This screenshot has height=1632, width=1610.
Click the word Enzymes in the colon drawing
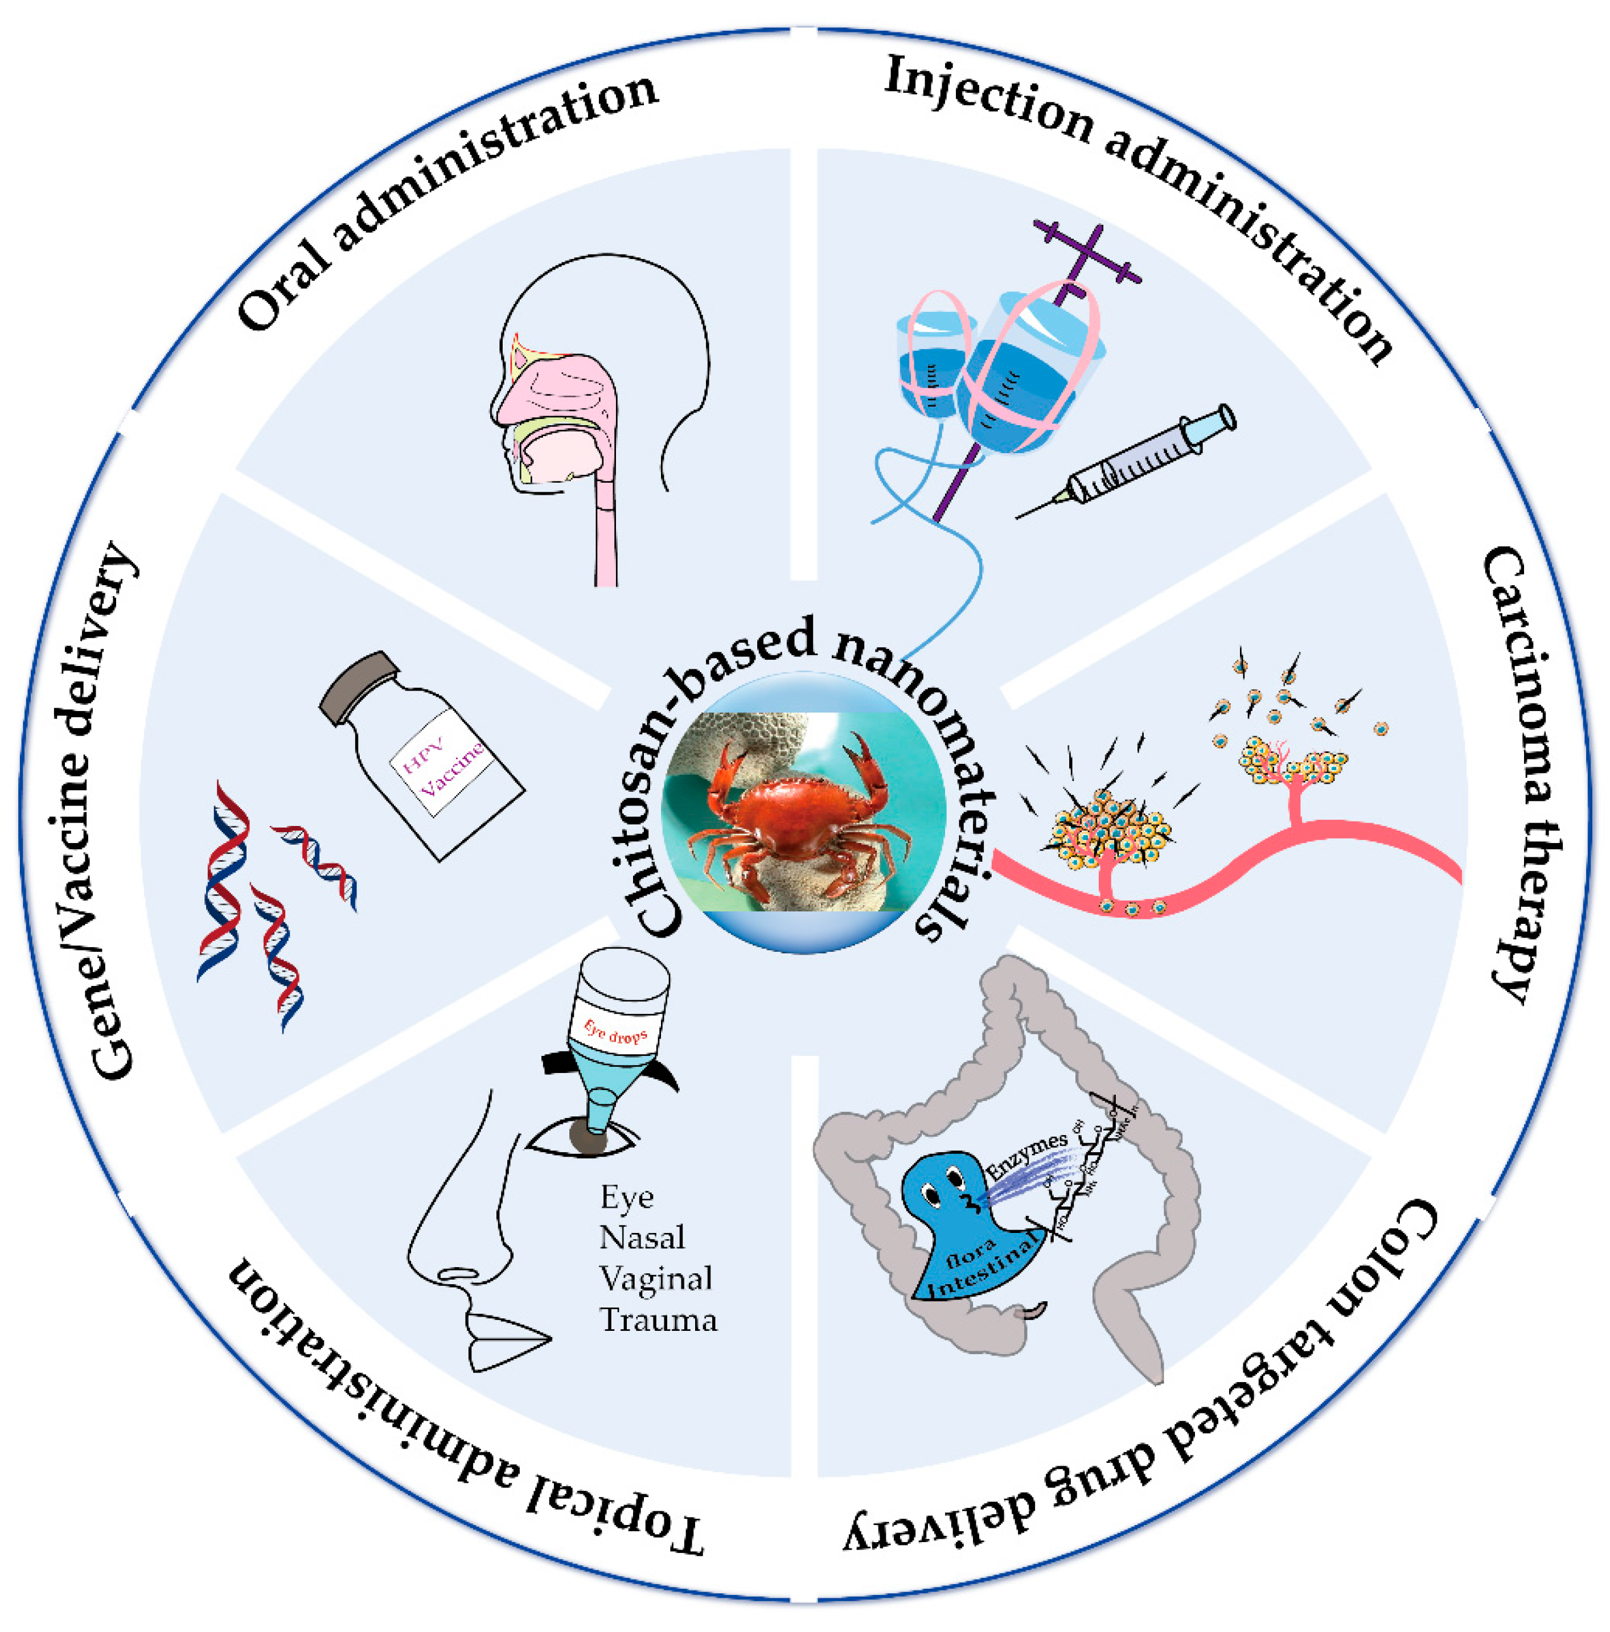click(x=1027, y=1157)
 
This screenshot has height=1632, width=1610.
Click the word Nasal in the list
click(x=642, y=1238)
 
